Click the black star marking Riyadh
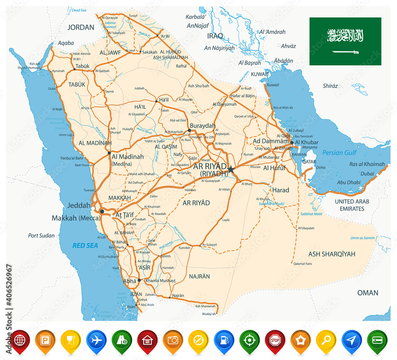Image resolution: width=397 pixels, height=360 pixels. pos(231,170)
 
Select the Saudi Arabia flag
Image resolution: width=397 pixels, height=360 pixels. pos(345,41)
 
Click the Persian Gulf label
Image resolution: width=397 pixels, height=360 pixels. pos(339,153)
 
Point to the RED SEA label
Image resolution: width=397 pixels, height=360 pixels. pos(85,246)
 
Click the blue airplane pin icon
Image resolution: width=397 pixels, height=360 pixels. pos(96,341)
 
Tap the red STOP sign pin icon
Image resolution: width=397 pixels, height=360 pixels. pos(275,341)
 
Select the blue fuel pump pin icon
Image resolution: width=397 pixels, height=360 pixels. pos(224,341)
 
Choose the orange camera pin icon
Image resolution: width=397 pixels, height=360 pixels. pos(173,341)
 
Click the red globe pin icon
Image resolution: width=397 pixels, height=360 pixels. pos(19,341)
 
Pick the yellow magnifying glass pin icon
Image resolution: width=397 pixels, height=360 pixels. pos(326,341)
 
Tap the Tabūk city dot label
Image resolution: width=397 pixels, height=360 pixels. pos(83,66)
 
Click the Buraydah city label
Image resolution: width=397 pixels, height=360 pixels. pos(202,126)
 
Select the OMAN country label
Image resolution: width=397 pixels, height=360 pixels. pos(368,293)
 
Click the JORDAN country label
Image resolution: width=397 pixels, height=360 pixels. pos(81,27)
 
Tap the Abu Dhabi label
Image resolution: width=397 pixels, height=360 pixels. pos(349,183)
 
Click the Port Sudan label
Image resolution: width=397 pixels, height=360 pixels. pos(41,236)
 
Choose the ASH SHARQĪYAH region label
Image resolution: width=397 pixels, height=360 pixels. pos(332,254)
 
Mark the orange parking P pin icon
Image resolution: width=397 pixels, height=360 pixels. pos(45,341)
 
